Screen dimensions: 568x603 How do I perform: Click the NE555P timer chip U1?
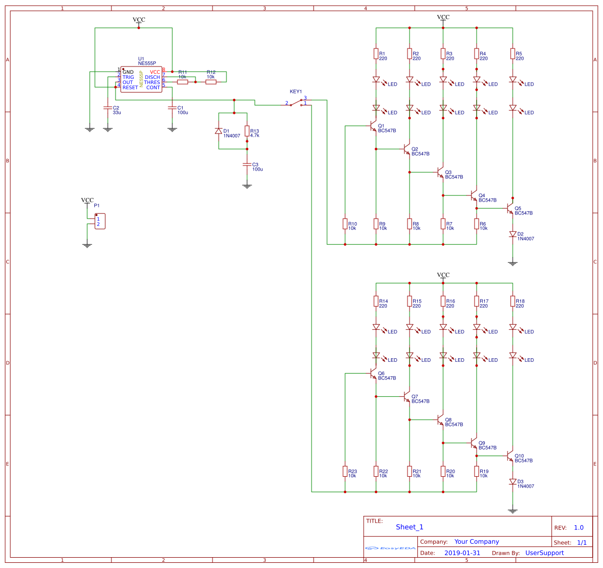(141, 79)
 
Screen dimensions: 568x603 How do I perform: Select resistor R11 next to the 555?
(183, 81)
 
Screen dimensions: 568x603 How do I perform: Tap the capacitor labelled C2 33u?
(108, 108)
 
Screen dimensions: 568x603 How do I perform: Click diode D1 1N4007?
(219, 131)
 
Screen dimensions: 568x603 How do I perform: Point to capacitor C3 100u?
(247, 164)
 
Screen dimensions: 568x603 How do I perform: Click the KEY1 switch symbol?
(297, 103)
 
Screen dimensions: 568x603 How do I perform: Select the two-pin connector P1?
(100, 221)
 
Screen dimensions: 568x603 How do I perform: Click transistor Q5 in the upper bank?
(510, 208)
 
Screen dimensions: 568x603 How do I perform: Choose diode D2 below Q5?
(513, 234)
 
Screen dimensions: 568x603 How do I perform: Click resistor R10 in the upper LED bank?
(345, 224)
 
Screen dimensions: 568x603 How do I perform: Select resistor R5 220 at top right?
(513, 54)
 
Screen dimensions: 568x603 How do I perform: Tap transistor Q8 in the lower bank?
(440, 420)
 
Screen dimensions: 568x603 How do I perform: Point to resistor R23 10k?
(345, 471)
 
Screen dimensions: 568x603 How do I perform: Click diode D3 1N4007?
(513, 481)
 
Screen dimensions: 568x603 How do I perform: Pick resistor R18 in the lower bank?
(513, 301)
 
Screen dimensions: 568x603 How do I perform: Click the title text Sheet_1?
(410, 527)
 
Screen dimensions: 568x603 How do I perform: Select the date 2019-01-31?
(462, 553)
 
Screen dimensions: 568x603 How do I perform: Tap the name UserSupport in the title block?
(544, 553)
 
